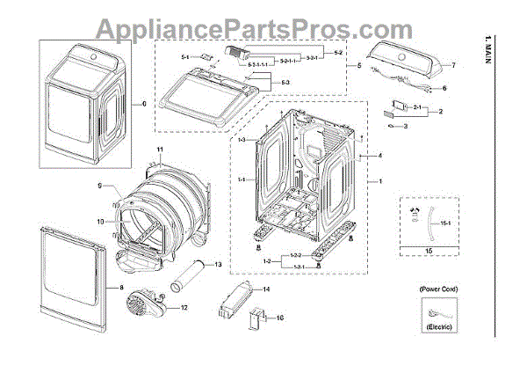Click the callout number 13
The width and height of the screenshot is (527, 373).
pyautogui.click(x=218, y=264)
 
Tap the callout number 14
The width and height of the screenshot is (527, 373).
pyautogui.click(x=267, y=289)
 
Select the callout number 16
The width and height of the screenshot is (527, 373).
pyautogui.click(x=281, y=317)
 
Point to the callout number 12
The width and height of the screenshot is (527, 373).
pyautogui.click(x=184, y=308)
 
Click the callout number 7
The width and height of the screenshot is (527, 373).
pyautogui.click(x=453, y=66)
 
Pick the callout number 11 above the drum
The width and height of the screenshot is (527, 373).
pyautogui.click(x=161, y=150)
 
